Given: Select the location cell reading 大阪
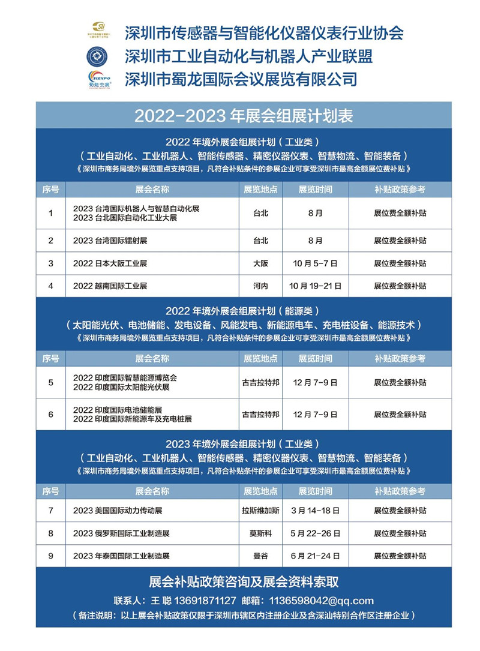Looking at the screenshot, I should click(x=260, y=263).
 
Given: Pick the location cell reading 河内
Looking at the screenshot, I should click(x=260, y=286).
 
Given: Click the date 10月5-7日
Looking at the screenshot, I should click(x=315, y=263).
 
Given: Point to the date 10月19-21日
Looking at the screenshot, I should click(x=315, y=286).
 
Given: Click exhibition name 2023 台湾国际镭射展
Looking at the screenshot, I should click(x=114, y=241).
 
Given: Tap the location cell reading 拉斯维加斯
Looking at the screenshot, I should click(x=260, y=511).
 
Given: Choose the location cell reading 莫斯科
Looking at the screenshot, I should click(x=260, y=533).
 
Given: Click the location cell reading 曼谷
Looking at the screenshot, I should click(x=260, y=556).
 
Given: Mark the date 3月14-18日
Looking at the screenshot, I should click(x=315, y=511).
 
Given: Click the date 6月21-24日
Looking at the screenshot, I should click(x=315, y=556).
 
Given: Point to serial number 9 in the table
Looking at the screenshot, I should click(x=51, y=556).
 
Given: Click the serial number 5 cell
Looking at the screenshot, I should click(x=51, y=382).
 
